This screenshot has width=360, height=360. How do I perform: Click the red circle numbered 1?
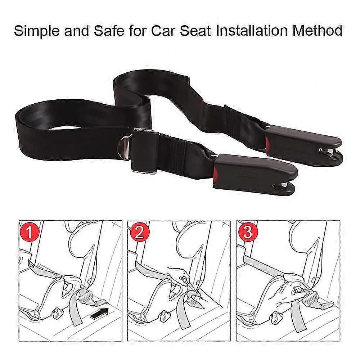[30, 232]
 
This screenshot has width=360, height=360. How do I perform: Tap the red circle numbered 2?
[139, 232]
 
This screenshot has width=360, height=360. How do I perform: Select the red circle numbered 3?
[247, 232]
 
